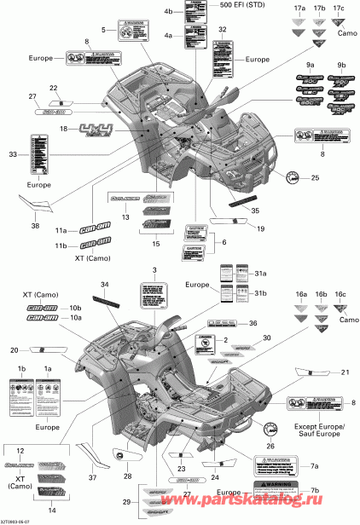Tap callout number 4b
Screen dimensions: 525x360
click(x=168, y=10)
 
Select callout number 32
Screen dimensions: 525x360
click(x=222, y=30)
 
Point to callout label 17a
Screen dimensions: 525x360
click(x=275, y=9)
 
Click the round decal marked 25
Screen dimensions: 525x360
click(x=291, y=177)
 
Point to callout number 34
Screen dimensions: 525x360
click(x=104, y=284)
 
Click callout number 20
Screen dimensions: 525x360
click(x=14, y=350)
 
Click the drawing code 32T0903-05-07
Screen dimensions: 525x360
click(x=19, y=521)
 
